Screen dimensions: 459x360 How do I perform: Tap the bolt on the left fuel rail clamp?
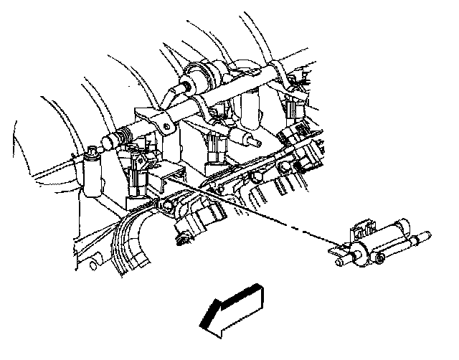pyautogui.click(x=166, y=128)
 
